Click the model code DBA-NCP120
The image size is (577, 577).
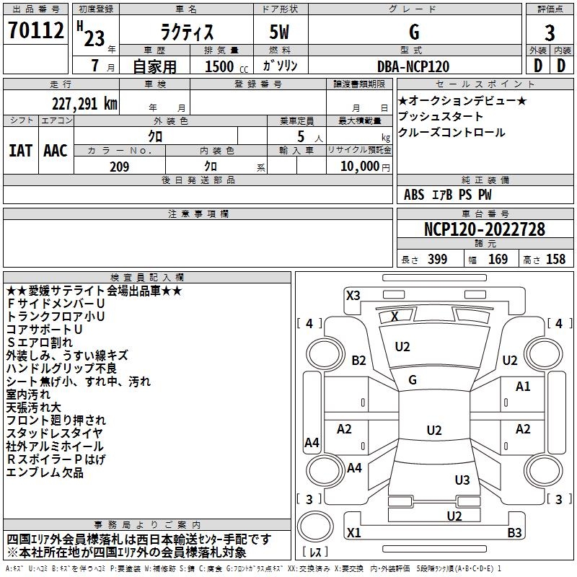(413, 66)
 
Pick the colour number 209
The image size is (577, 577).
(119, 167)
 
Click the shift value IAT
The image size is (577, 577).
(20, 151)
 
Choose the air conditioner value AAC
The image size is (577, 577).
(55, 151)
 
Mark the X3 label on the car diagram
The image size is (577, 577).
(353, 295)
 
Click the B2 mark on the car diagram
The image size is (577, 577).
(358, 360)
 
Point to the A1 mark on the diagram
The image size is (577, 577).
(523, 387)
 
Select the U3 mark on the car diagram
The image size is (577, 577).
(462, 480)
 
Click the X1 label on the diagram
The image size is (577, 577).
(353, 533)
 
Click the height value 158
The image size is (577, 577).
(555, 260)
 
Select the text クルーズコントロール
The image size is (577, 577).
(452, 133)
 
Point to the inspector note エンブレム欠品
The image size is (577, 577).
(45, 472)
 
